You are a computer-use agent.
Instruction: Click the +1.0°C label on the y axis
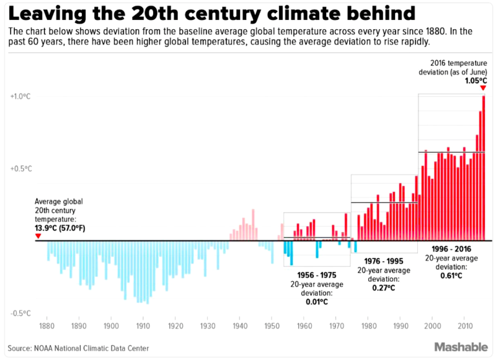21,96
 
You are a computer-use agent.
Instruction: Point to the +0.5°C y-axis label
21,169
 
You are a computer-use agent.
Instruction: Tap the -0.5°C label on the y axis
21,313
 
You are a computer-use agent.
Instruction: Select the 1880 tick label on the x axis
47,326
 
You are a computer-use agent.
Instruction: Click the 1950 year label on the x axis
271,326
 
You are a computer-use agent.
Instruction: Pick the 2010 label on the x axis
464,326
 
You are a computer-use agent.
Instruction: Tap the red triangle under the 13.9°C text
38,236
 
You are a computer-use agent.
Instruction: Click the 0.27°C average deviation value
383,288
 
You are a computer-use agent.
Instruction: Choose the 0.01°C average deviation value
316,301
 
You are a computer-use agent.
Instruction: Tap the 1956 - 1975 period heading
316,275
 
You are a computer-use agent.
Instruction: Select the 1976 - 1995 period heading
383,261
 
